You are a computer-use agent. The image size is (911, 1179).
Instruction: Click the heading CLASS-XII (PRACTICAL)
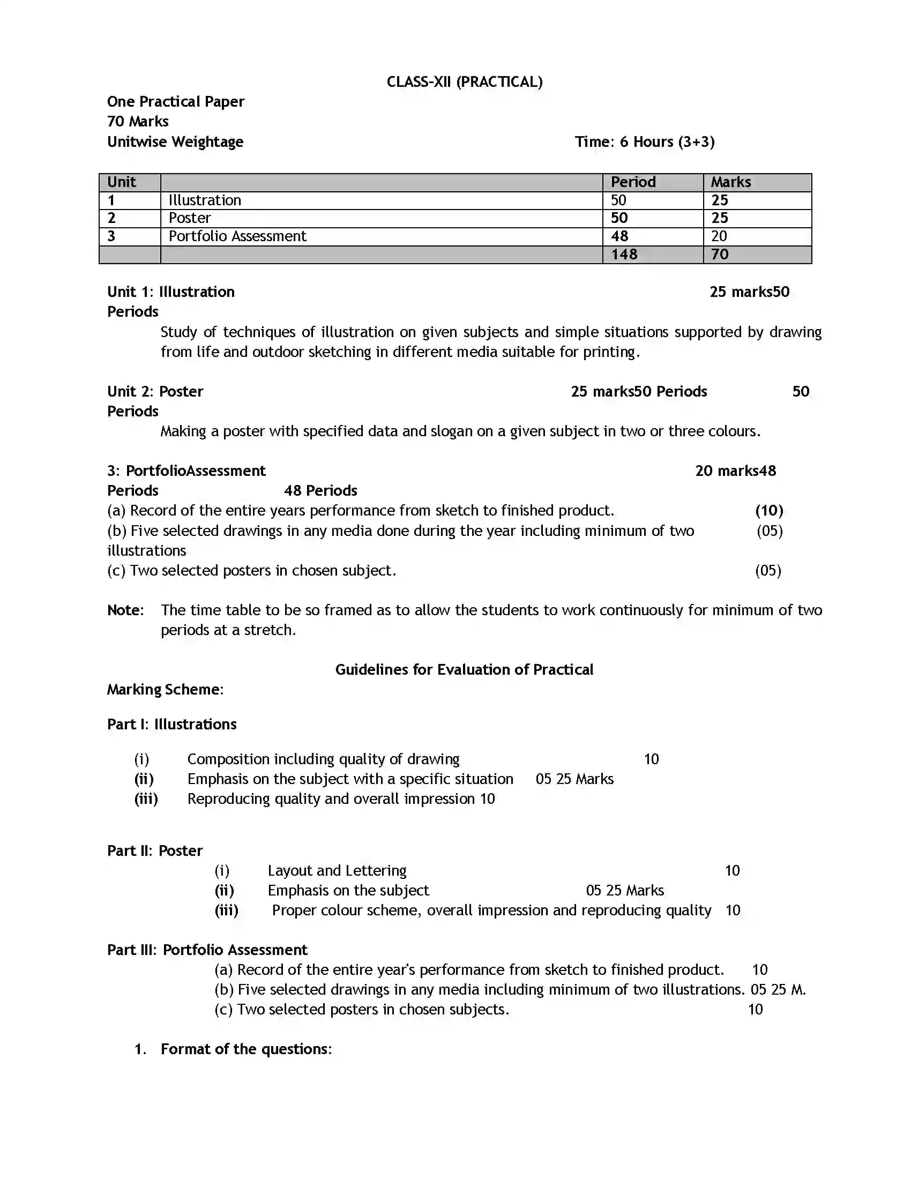[464, 82]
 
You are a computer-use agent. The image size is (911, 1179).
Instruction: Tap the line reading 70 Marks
[138, 122]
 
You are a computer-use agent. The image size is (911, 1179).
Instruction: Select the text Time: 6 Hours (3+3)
[644, 142]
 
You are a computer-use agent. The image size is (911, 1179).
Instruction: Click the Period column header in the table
[633, 182]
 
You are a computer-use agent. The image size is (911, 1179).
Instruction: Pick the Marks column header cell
[730, 182]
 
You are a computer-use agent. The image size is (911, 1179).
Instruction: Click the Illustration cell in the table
[205, 200]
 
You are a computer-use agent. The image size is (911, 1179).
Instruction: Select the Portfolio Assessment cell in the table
[237, 236]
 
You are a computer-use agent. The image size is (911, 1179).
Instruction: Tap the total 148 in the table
[624, 254]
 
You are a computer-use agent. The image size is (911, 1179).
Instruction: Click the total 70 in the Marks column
[719, 254]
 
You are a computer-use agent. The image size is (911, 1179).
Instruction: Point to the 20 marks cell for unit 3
[719, 236]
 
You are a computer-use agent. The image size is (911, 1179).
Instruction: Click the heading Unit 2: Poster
[155, 391]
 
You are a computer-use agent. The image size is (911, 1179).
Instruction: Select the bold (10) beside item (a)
[768, 511]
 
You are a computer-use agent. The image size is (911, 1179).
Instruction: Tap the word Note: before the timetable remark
[125, 610]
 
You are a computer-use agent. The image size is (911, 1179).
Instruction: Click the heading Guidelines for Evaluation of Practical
[464, 669]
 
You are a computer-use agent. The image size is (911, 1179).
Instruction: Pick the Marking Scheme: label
[165, 689]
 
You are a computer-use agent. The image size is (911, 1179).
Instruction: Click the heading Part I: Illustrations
[171, 724]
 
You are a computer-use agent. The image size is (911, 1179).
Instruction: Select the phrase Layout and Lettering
[337, 870]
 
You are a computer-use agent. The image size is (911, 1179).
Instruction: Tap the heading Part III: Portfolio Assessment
[207, 950]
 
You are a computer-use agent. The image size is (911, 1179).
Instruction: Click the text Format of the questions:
[246, 1049]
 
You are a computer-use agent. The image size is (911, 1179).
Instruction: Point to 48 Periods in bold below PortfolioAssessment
[320, 491]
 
